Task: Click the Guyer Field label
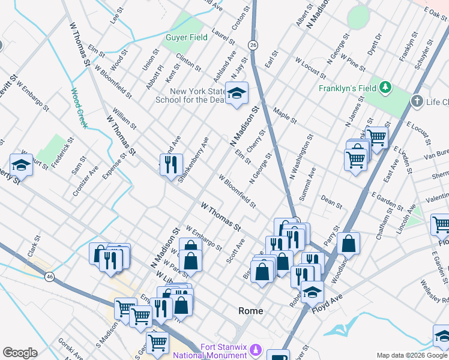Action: click(x=186, y=37)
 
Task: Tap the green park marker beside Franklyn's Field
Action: click(x=385, y=89)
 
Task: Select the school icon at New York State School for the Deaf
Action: click(x=237, y=94)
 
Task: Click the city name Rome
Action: click(x=251, y=311)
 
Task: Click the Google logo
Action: click(x=20, y=353)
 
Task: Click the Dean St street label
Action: click(x=331, y=201)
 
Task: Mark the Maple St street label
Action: click(x=285, y=116)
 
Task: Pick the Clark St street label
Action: click(x=33, y=246)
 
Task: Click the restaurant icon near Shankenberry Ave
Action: click(x=171, y=163)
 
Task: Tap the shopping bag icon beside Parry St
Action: click(x=348, y=244)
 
